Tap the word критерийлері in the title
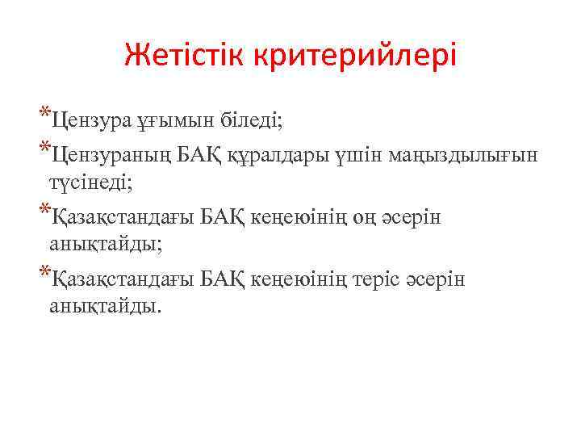355,56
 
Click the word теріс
386,280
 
